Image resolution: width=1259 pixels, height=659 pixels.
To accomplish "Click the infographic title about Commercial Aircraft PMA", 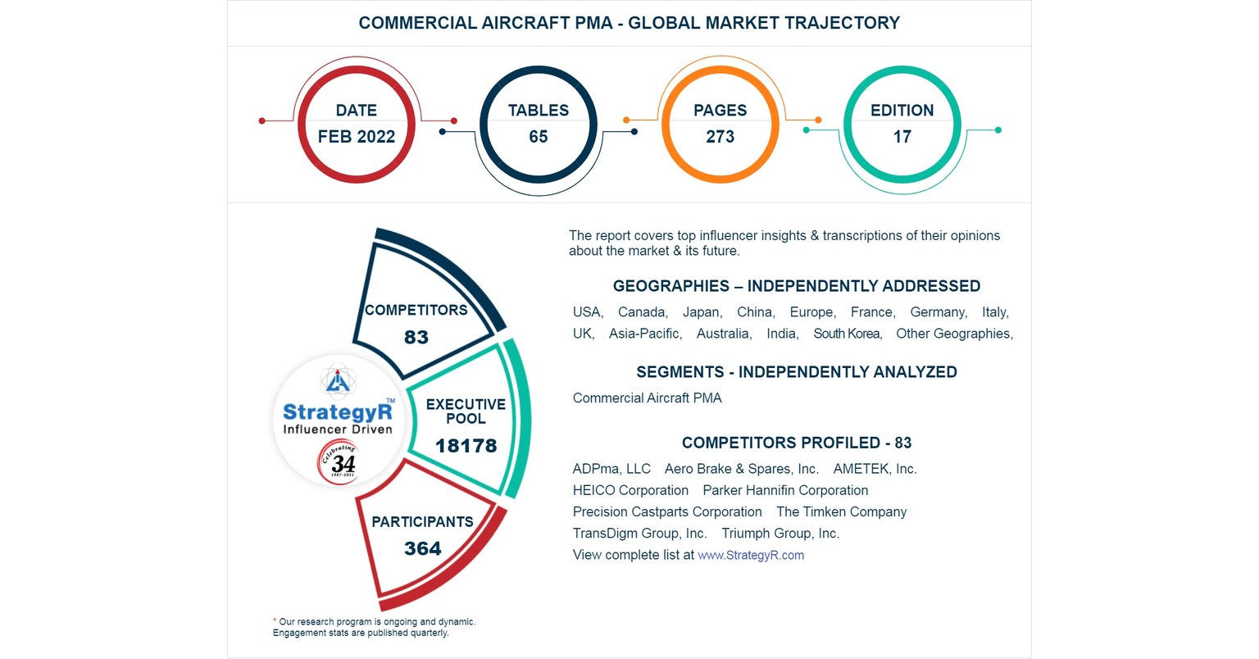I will [629, 23].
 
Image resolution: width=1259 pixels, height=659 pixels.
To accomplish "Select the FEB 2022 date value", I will [356, 137].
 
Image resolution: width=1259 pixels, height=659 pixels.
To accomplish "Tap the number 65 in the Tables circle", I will [538, 137].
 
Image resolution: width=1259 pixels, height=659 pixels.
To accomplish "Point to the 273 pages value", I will [720, 137].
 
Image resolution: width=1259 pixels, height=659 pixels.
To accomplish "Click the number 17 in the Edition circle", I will [902, 137].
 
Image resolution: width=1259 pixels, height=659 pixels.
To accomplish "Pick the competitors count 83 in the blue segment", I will [416, 338].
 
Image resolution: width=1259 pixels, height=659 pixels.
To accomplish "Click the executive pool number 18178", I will [466, 446].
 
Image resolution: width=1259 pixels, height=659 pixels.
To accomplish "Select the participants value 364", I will [422, 549].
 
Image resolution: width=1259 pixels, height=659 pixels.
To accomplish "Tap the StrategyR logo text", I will [337, 412].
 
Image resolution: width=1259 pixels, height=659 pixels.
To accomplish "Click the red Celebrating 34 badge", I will [339, 463].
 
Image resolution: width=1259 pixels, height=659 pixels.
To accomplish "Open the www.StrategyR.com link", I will [750, 555].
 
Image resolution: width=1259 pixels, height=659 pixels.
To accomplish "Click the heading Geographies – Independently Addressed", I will [796, 286].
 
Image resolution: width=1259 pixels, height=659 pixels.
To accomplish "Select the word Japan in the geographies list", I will [701, 312].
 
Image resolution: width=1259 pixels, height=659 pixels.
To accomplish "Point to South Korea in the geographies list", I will [847, 334].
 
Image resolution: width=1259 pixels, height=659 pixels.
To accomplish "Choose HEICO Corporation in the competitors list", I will [630, 490].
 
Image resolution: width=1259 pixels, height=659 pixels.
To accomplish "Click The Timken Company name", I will [841, 511].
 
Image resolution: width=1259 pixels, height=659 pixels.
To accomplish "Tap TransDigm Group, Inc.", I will [639, 533].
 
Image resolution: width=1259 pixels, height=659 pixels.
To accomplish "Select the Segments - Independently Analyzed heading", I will [796, 372].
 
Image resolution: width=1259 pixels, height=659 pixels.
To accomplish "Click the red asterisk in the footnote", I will [275, 620].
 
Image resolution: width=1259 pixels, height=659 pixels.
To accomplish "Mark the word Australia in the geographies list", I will [723, 334].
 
